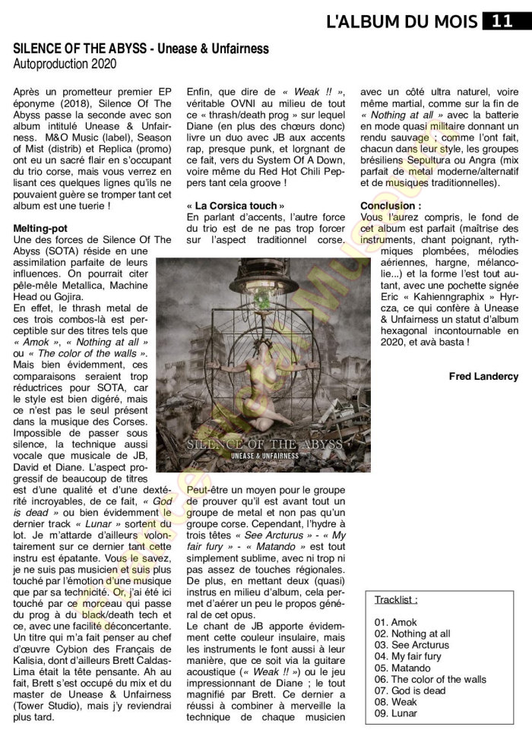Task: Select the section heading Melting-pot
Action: (38, 229)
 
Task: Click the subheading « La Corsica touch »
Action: (236, 206)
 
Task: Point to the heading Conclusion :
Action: (390, 206)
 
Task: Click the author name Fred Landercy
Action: (483, 376)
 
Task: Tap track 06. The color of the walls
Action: (430, 679)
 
